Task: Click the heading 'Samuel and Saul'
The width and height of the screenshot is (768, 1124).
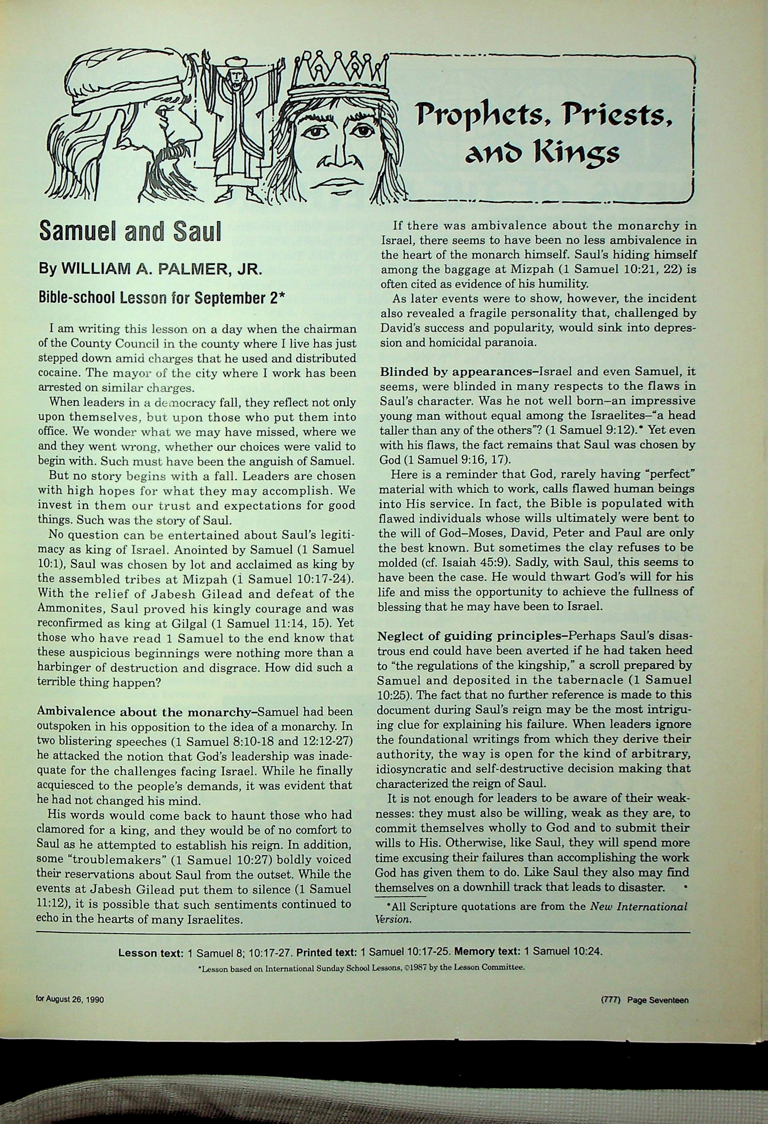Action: [x=129, y=232]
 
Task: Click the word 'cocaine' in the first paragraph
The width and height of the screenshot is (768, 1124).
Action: [x=57, y=373]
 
